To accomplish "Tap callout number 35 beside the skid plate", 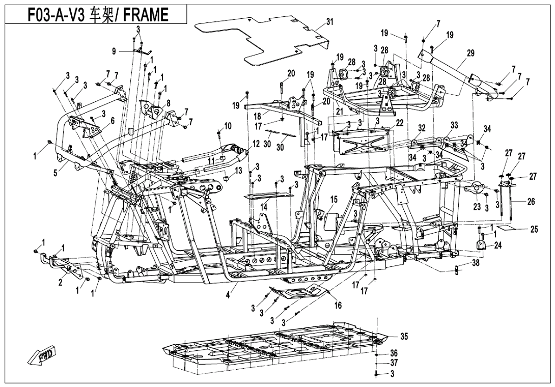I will click(404, 337).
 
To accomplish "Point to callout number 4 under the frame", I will click(229, 294).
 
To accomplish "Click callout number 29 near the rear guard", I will click(470, 53).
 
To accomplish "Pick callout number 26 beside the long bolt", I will click(531, 202).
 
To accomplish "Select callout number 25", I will click(534, 230).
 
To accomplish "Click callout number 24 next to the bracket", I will click(497, 245).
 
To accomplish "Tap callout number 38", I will click(475, 263).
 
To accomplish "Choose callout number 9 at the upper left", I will click(115, 50).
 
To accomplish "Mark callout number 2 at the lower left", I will click(60, 283).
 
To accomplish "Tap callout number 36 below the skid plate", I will click(394, 353).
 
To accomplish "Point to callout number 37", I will click(394, 363).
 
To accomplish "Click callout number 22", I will click(400, 122).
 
